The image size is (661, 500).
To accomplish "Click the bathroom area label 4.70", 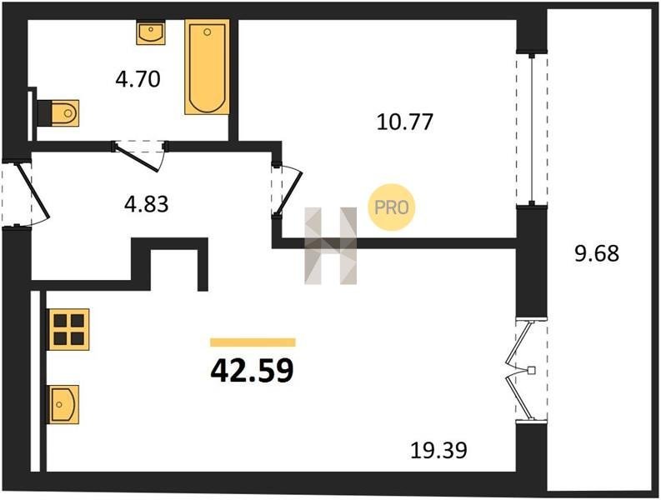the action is tap(138, 79).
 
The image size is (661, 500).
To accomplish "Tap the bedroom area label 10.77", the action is tap(405, 122).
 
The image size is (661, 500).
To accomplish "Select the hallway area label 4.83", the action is tap(146, 204).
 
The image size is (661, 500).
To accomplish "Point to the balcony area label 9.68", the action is tap(597, 254).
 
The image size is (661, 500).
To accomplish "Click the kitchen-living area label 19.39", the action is tap(438, 450).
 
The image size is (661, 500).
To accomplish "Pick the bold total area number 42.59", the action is tap(252, 371).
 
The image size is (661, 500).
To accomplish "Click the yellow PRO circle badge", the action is tap(392, 207).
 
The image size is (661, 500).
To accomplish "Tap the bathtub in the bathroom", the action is tap(207, 67).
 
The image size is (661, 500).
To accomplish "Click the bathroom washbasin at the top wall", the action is tap(151, 33).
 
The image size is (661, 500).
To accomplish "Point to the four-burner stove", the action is tap(69, 329).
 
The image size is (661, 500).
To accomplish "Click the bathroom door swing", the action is tap(140, 156).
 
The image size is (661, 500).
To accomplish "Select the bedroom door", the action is tap(288, 189).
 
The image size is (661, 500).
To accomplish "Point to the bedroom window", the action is tap(532, 129).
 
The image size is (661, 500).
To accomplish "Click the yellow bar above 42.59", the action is tap(253, 342).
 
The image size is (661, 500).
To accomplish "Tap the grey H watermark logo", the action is tap(330, 246).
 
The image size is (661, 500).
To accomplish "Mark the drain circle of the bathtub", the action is tap(207, 32).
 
